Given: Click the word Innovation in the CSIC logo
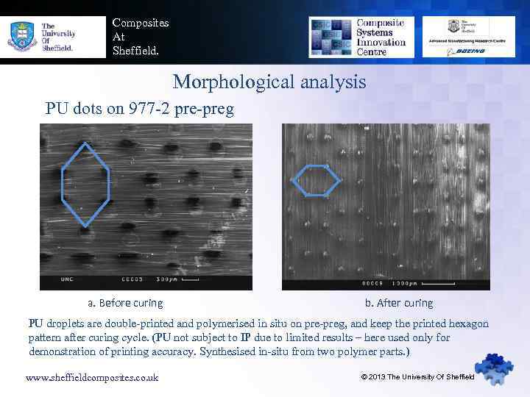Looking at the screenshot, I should click(x=381, y=42).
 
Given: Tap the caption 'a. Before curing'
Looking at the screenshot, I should click(x=125, y=303).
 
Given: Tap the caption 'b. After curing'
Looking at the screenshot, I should click(x=399, y=303).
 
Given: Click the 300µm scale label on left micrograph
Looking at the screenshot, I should click(x=168, y=279).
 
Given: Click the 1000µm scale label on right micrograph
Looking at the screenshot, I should click(x=402, y=284).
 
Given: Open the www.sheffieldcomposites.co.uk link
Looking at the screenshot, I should click(x=92, y=377).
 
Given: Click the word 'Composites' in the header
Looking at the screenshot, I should click(x=140, y=23).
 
